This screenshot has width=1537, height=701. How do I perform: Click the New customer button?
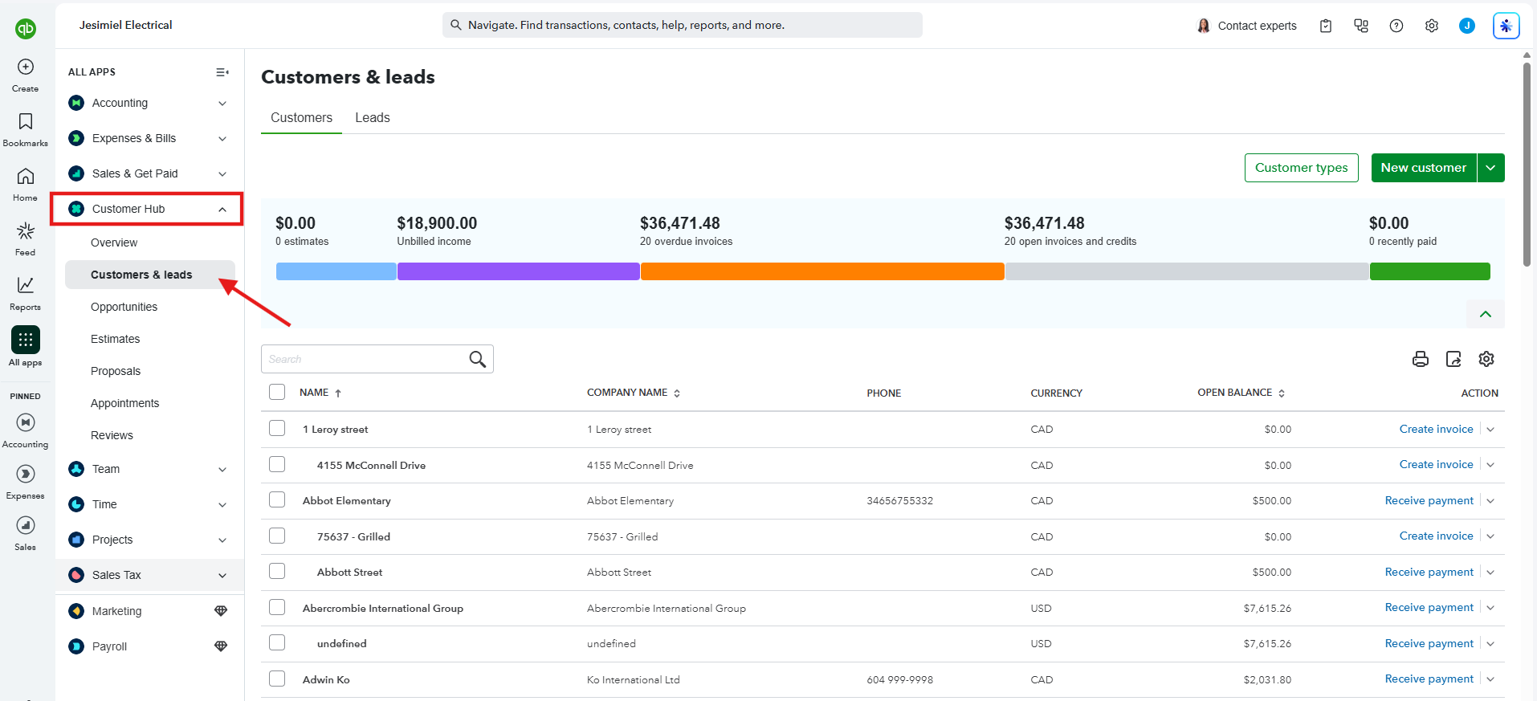click(x=1423, y=168)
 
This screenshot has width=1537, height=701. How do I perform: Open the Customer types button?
click(x=1301, y=168)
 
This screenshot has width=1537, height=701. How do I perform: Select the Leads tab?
click(x=373, y=117)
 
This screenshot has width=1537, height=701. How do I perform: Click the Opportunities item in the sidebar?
click(x=124, y=307)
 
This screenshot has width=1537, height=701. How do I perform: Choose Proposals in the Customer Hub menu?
click(x=116, y=371)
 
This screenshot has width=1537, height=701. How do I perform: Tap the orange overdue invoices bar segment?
click(x=822, y=271)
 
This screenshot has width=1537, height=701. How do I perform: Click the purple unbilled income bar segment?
click(x=518, y=271)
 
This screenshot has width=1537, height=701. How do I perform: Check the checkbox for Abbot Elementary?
click(x=277, y=499)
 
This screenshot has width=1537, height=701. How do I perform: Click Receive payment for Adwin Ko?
click(x=1429, y=679)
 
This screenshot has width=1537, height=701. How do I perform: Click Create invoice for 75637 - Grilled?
click(x=1436, y=536)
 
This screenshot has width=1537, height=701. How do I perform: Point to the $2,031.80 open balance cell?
click(x=1267, y=679)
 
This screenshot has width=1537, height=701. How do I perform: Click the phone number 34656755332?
click(x=899, y=500)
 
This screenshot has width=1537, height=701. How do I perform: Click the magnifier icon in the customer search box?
click(x=477, y=359)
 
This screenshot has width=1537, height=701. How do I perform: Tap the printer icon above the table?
click(x=1420, y=359)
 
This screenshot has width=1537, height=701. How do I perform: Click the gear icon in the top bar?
click(x=1431, y=26)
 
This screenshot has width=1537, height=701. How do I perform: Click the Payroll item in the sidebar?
click(x=109, y=646)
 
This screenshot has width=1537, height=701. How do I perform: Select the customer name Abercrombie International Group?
click(x=383, y=608)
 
